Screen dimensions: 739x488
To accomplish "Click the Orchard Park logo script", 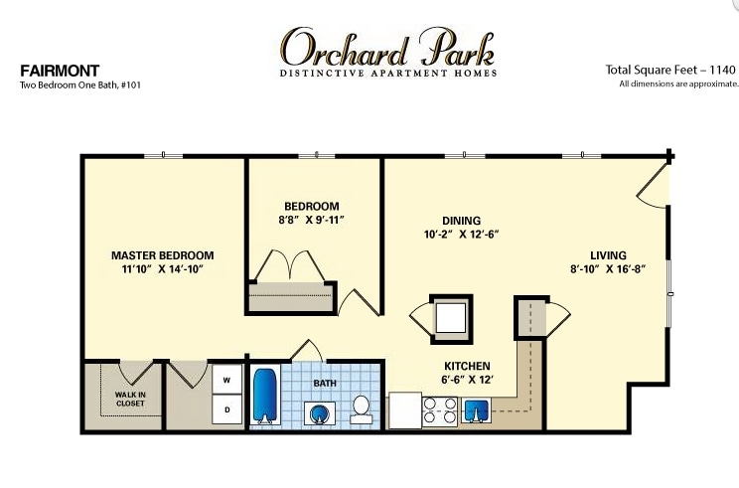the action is (387, 47).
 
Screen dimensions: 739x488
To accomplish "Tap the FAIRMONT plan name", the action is (60, 71).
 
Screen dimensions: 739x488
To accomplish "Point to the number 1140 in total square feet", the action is (722, 70).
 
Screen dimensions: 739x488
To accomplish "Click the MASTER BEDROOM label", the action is (163, 255).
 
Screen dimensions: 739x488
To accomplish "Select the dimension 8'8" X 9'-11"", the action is (312, 220).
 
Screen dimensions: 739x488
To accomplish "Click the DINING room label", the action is (462, 221).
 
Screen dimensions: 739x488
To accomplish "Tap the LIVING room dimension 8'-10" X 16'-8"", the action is (608, 269).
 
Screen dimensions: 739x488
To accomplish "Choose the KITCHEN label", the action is (467, 366).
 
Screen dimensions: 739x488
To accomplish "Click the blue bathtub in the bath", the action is (265, 396).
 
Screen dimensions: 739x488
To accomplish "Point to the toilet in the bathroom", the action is (362, 409).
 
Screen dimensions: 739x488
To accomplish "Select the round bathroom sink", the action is (320, 413).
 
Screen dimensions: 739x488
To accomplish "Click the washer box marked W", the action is (226, 379).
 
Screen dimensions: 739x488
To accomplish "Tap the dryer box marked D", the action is (226, 409).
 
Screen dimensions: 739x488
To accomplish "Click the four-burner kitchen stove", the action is (440, 410).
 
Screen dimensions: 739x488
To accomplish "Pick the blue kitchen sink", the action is (476, 409).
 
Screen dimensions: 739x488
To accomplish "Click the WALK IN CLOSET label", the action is (130, 399).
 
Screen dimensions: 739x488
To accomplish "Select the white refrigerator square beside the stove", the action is (404, 410).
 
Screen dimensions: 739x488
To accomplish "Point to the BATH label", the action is (325, 384).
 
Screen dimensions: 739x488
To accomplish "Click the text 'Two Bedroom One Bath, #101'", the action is (80, 85).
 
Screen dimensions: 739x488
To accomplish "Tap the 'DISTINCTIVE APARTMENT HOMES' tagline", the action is (388, 74).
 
